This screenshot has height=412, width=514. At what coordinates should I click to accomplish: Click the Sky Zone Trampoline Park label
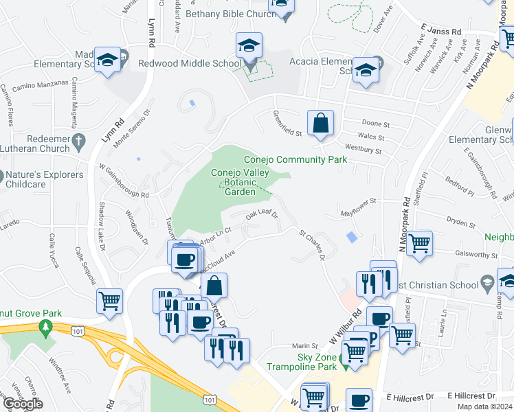pyautogui.click(x=317, y=362)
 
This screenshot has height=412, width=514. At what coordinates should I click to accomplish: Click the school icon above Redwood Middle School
pyautogui.click(x=249, y=47)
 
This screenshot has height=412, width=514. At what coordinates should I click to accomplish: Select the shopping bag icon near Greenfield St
pyautogui.click(x=320, y=124)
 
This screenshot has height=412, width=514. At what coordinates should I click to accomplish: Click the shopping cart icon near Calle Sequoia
pyautogui.click(x=110, y=301)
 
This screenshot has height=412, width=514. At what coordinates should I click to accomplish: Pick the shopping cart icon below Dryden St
pyautogui.click(x=418, y=243)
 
